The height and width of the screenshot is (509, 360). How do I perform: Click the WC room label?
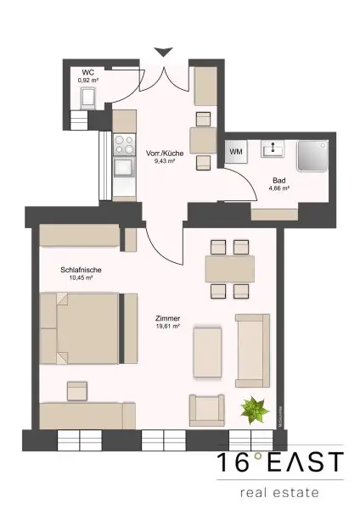(87, 72)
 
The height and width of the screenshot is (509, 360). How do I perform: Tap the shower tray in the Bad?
(315, 154)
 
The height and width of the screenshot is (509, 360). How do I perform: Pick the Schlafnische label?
(76, 271)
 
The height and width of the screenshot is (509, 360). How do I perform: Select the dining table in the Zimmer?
(230, 269)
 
